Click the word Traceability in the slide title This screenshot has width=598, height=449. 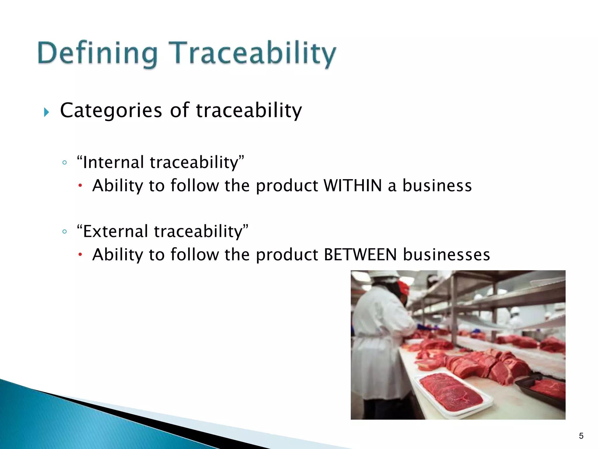[252, 54]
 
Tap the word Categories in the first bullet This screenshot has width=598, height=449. [111, 110]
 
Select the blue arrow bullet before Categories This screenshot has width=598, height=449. [46, 112]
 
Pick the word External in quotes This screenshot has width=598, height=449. [116, 231]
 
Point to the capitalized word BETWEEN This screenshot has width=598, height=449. [360, 254]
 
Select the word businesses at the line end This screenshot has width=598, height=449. [446, 254]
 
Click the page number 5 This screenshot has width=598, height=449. [581, 436]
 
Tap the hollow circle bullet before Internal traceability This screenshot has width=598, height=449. [65, 163]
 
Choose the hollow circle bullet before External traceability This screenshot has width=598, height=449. [65, 232]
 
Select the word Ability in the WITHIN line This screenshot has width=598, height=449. [117, 186]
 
